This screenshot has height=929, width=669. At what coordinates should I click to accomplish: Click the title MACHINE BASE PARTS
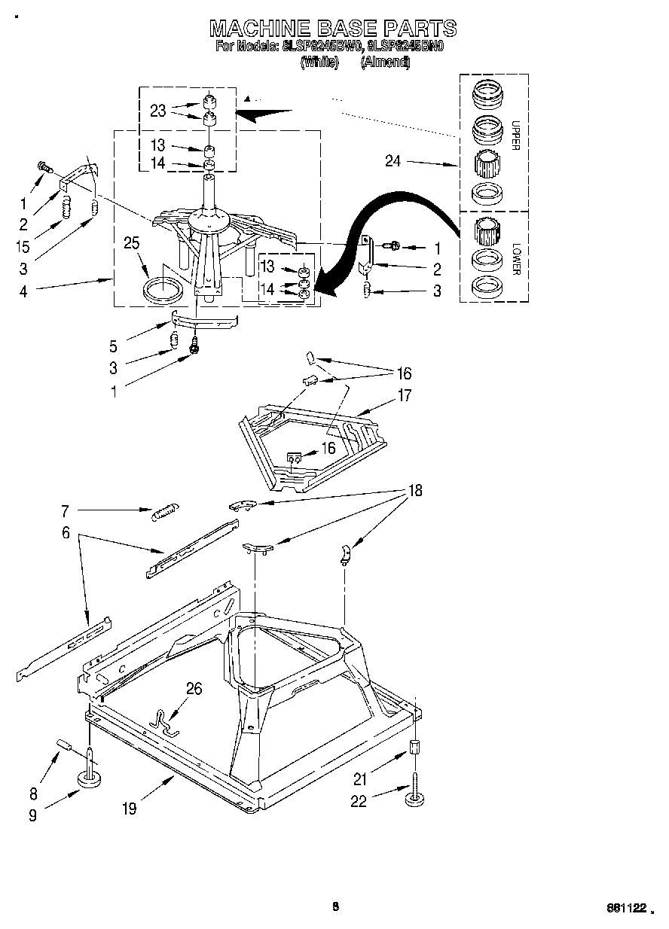click(332, 29)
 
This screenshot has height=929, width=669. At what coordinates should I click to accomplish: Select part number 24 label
click(393, 161)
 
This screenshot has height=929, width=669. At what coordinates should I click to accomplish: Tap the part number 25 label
click(132, 243)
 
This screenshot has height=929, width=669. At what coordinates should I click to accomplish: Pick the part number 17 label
click(405, 395)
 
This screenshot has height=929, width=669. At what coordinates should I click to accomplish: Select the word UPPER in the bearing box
click(515, 135)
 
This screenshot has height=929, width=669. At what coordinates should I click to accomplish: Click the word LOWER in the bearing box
click(515, 258)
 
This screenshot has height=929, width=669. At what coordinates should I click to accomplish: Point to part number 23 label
click(157, 111)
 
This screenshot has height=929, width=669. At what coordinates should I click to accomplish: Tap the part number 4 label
click(23, 291)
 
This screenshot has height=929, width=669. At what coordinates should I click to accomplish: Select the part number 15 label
click(23, 245)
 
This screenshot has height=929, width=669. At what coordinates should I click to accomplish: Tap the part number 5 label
click(113, 347)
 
